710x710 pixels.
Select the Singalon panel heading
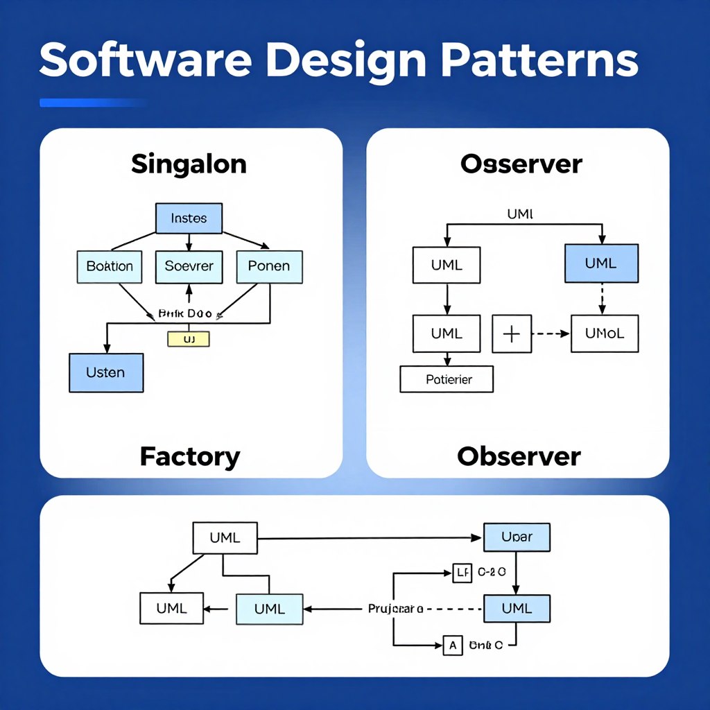(189, 164)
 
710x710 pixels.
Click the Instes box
(189, 218)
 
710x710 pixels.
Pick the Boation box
(110, 266)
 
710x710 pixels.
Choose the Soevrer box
(189, 266)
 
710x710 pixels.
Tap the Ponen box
(269, 266)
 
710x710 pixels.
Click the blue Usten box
(106, 372)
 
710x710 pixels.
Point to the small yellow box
(189, 338)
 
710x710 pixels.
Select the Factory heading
(189, 456)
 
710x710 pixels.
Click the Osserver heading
(521, 164)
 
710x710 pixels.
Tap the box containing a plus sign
(511, 334)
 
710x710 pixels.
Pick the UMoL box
(605, 334)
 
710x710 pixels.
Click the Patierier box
(447, 379)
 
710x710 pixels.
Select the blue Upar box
(516, 537)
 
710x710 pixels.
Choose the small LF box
(461, 573)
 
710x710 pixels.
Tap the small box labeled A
(452, 646)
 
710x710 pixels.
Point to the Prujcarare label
(395, 609)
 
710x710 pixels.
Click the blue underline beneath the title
(93, 103)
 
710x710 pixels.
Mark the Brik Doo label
(184, 313)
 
